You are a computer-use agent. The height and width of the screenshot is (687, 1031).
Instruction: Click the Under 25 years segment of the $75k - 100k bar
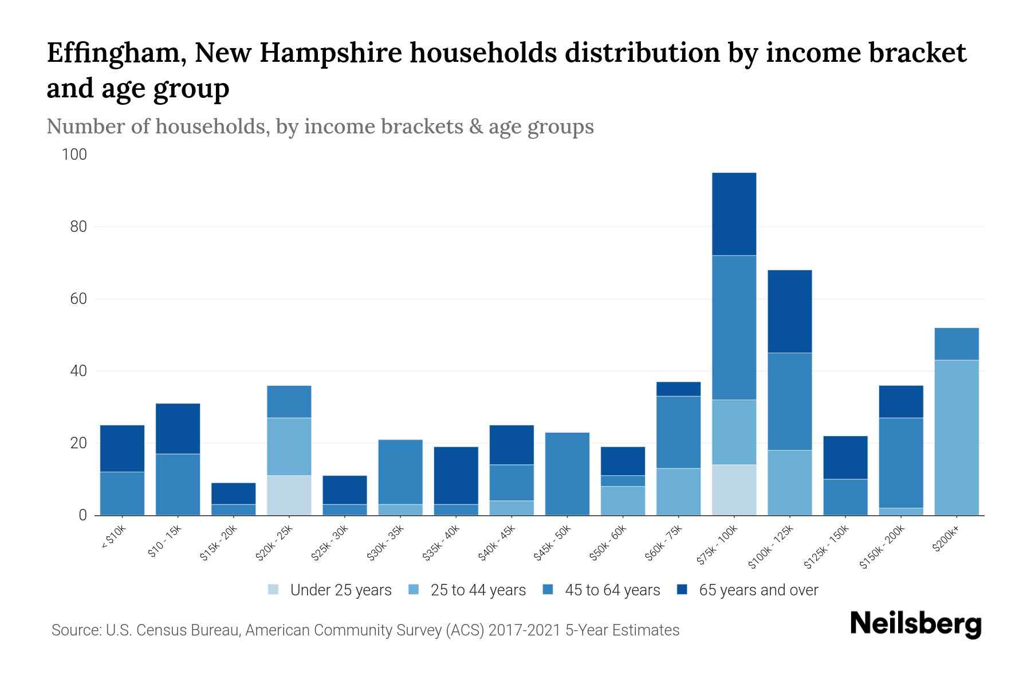point(734,489)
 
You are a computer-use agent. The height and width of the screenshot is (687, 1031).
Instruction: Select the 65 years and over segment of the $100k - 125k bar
point(789,311)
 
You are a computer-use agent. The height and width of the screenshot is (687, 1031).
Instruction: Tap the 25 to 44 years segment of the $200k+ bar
point(956,437)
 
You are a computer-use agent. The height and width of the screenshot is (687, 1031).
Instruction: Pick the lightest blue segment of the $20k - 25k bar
point(289,495)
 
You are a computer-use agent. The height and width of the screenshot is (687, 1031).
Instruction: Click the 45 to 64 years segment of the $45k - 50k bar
point(567,473)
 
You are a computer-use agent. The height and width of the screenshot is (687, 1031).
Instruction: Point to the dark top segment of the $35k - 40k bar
point(456,475)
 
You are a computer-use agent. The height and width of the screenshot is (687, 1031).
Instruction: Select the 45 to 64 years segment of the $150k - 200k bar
point(900,463)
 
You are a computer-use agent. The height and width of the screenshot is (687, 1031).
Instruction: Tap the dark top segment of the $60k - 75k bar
point(678,389)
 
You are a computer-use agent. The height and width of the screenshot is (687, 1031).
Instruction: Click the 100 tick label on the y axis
point(74,155)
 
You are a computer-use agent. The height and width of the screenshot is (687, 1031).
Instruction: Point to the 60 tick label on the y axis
point(78,299)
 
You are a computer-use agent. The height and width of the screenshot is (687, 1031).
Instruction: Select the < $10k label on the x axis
point(114,538)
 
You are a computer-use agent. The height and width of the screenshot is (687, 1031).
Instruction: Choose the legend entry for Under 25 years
point(340,590)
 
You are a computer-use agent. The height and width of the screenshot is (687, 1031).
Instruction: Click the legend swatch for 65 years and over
point(682,590)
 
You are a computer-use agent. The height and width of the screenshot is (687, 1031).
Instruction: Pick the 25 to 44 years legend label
point(478,590)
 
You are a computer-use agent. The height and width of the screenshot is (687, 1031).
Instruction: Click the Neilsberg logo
point(915,623)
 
